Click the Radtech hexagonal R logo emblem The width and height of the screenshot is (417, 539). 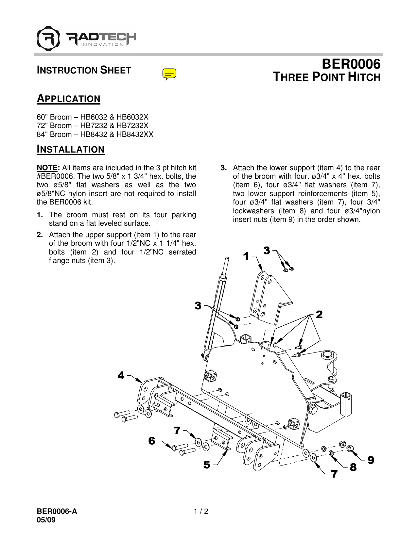(48, 39)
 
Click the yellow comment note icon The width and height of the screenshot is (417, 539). (169, 74)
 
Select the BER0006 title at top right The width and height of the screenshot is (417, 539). (351, 64)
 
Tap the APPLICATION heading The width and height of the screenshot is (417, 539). (68, 99)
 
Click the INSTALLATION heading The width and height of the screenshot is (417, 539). (71, 149)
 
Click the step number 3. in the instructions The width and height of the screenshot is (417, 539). (224, 168)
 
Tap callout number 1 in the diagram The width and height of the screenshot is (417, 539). (246, 256)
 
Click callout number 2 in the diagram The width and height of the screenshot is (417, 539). (319, 315)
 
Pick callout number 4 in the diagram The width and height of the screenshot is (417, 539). (121, 376)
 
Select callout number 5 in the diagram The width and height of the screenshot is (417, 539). (207, 465)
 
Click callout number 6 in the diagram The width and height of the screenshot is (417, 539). (152, 441)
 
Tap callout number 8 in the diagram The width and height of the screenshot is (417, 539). (353, 467)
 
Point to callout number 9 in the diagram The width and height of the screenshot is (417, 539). (371, 460)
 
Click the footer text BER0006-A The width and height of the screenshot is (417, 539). (57, 512)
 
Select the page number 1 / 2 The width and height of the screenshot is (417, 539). (201, 512)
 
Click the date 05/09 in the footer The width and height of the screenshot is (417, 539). (46, 520)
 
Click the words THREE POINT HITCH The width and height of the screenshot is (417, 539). (326, 77)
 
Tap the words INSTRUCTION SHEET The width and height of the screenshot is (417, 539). (84, 70)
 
